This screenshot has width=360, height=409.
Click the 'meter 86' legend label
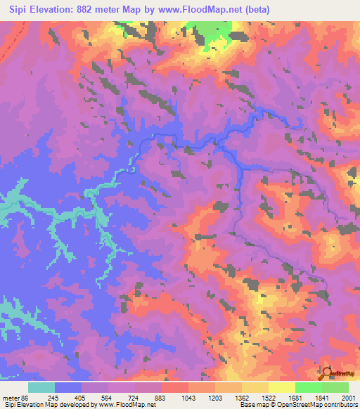point(16,398)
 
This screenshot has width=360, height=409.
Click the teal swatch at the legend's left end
point(41,387)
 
